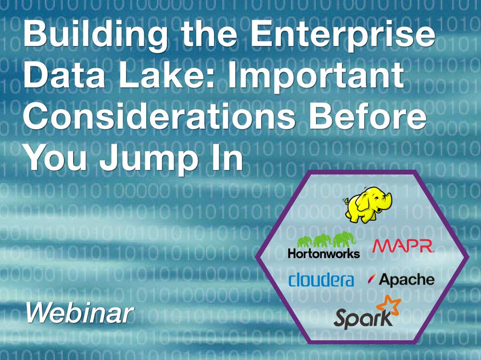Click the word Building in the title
click(95, 35)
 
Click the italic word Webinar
click(80, 313)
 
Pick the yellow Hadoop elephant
click(367, 205)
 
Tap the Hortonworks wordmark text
click(324, 253)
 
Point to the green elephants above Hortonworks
click(327, 239)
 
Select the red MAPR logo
click(403, 246)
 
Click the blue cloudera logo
click(321, 279)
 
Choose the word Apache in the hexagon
click(406, 280)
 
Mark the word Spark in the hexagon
click(363, 318)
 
